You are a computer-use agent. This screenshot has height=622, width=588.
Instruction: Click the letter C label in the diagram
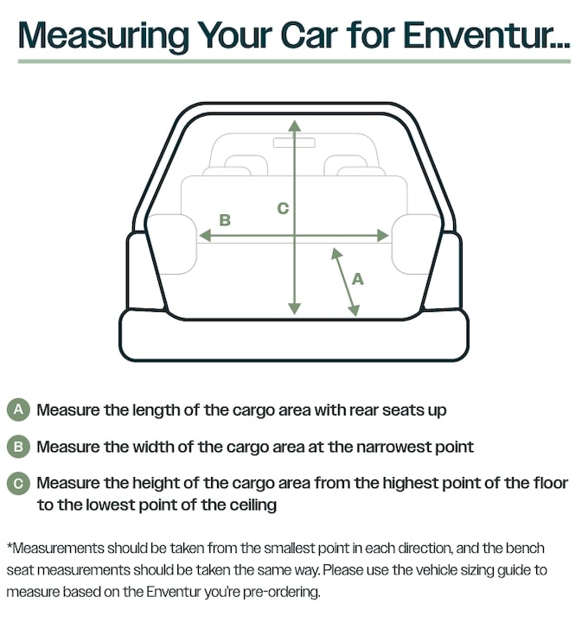(283, 208)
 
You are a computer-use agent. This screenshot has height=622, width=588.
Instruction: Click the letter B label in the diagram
(225, 220)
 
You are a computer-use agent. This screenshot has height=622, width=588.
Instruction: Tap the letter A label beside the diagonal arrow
(358, 279)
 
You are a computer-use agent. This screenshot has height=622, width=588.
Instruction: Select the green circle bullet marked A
(18, 409)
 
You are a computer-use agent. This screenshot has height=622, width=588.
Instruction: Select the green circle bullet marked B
(18, 447)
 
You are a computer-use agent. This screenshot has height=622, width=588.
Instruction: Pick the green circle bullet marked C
(18, 484)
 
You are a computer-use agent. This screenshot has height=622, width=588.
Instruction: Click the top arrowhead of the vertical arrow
(295, 126)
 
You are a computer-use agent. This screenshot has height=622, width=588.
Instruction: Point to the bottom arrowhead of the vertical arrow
(295, 309)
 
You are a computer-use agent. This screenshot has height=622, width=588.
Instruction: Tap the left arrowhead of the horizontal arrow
(205, 236)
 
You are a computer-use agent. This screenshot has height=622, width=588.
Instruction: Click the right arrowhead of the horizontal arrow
(383, 236)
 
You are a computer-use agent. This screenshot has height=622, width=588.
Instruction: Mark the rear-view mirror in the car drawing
(294, 143)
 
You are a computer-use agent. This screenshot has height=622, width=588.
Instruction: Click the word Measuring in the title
(103, 35)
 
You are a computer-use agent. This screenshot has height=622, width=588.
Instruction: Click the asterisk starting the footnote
(10, 545)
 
